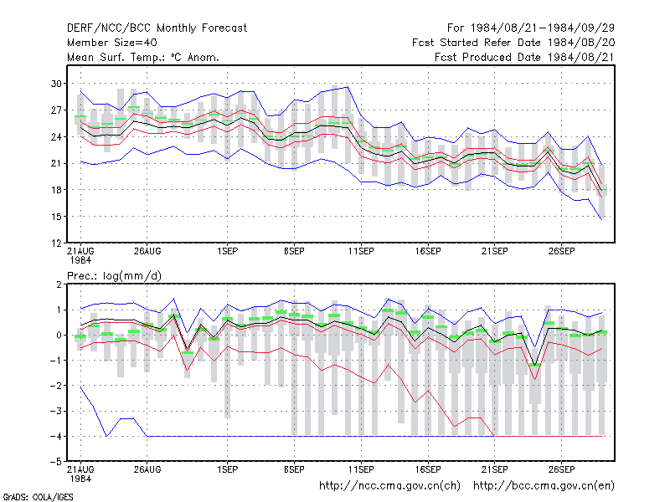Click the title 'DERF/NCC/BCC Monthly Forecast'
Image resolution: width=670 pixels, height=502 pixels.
point(157,28)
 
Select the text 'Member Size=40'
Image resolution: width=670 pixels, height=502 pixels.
point(112,43)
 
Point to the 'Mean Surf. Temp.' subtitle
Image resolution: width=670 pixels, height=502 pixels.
point(119,57)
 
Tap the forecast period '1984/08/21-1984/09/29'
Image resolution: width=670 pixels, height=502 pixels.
point(542,28)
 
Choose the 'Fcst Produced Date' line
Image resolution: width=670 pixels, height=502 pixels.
point(524,57)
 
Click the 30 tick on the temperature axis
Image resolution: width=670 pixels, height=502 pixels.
point(56,84)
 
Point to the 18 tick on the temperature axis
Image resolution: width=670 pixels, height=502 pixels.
point(56,190)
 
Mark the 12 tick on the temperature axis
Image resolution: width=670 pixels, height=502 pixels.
point(56,243)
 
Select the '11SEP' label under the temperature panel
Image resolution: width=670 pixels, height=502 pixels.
point(361,251)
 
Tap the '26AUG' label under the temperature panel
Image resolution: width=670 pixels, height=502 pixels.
point(147,251)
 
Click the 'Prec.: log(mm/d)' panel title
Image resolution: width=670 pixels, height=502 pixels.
point(114,276)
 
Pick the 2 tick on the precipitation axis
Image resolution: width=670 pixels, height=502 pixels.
point(59,284)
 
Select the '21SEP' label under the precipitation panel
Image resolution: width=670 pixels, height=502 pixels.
point(494,469)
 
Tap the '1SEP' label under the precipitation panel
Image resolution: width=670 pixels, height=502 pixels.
point(227,469)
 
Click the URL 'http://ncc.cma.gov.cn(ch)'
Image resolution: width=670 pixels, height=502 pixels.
point(389,486)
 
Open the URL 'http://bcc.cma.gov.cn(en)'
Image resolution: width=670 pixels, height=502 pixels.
point(544,486)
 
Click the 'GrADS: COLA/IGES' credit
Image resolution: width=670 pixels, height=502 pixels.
point(38,497)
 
